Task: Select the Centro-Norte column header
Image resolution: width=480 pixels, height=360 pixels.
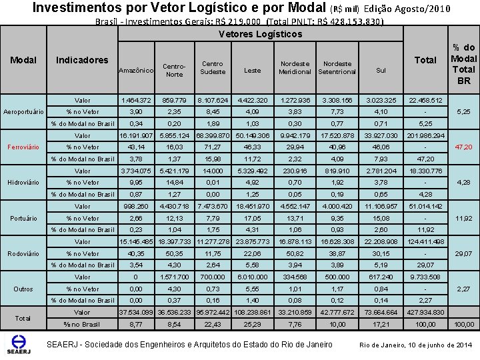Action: tap(174, 70)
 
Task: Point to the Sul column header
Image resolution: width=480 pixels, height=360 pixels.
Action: tap(381, 70)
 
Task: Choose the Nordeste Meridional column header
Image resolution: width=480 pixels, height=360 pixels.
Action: tap(295, 67)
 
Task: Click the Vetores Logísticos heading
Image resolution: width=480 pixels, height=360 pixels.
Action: tap(259, 34)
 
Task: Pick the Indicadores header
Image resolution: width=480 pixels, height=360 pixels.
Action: tap(82, 60)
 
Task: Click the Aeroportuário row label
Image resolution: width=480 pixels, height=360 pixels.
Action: tap(24, 111)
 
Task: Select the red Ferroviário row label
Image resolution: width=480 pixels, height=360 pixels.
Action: tap(24, 147)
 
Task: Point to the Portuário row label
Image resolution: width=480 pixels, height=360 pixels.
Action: tap(24, 218)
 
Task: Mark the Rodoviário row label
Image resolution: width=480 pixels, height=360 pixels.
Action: tap(24, 253)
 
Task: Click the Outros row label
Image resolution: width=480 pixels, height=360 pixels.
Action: tap(24, 289)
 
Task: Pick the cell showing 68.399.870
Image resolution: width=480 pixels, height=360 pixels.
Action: tap(213, 135)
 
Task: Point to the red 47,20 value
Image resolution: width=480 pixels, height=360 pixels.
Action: tap(463, 147)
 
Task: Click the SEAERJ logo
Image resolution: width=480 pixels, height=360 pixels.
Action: tap(19, 343)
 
